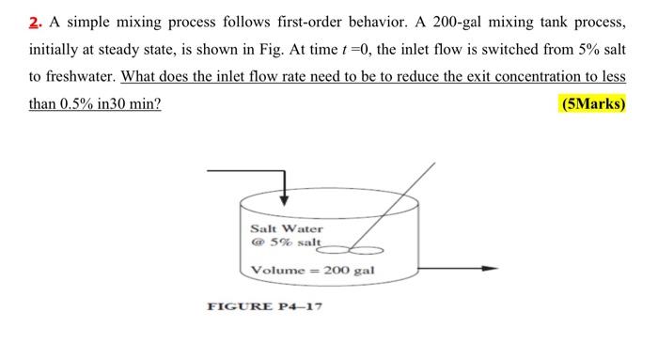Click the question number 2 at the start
click(x=35, y=23)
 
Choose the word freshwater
click(x=77, y=77)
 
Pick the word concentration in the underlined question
click(x=532, y=77)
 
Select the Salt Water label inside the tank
click(x=287, y=228)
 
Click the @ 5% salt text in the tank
click(x=286, y=243)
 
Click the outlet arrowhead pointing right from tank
click(x=492, y=270)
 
